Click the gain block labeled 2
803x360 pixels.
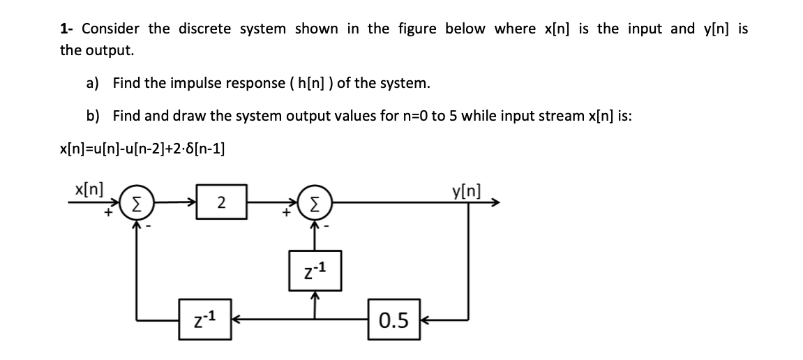coord(221,203)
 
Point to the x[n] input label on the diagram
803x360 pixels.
coord(89,188)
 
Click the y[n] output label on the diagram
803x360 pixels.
coord(466,188)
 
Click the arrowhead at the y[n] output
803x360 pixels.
coord(495,203)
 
